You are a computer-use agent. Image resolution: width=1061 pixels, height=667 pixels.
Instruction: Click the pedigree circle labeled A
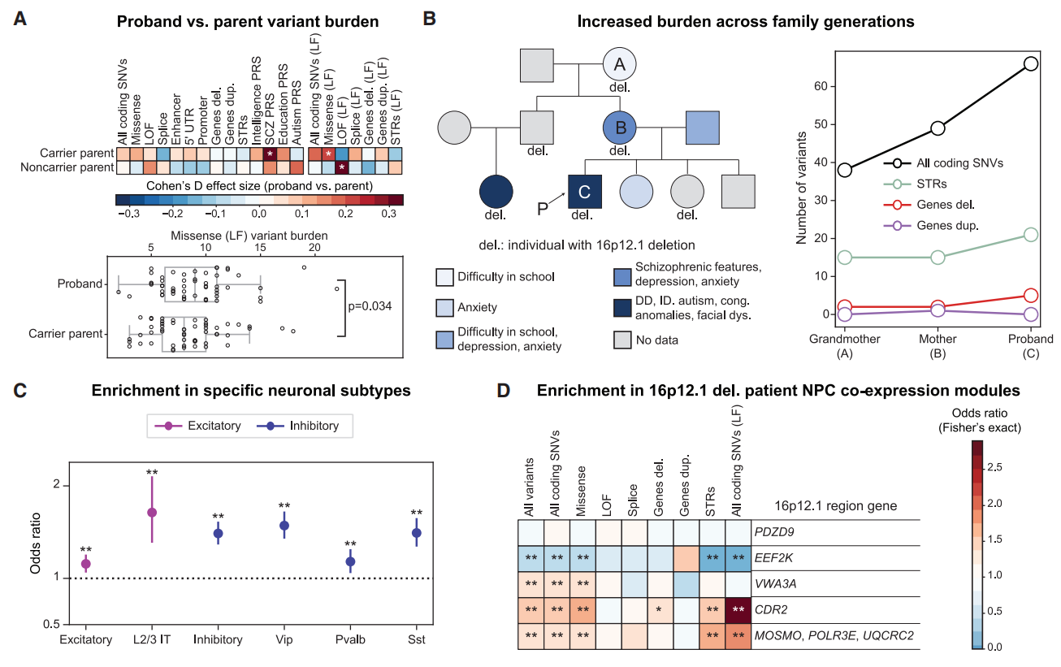[x=619, y=65]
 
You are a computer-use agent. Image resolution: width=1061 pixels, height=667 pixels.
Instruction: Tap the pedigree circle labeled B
[x=619, y=128]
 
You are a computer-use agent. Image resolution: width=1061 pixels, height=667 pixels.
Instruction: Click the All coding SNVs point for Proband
[x=1032, y=63]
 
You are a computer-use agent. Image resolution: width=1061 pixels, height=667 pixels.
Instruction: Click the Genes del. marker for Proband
[x=1032, y=296]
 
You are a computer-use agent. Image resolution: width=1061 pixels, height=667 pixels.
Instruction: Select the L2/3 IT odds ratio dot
[x=151, y=513]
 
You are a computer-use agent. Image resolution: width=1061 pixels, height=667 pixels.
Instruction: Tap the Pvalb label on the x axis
[x=350, y=639]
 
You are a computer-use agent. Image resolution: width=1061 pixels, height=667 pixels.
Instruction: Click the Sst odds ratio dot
[x=417, y=533]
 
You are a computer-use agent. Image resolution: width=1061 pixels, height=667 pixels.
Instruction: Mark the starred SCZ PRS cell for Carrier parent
[x=271, y=154]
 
